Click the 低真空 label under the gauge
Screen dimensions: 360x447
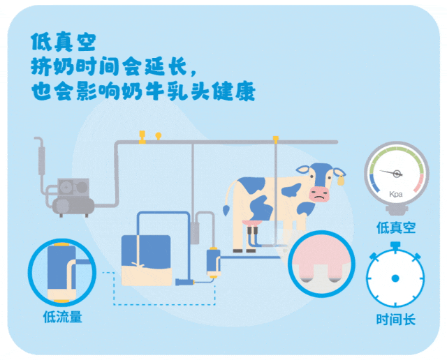396,227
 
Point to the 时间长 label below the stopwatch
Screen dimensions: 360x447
395,320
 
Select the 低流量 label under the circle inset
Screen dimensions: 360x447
62,317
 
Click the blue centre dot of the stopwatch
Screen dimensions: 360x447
395,278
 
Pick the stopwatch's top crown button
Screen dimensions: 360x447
395,245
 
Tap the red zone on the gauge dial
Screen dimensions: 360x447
419,184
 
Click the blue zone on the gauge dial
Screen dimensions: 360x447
373,184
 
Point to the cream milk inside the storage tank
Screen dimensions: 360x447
146,275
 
